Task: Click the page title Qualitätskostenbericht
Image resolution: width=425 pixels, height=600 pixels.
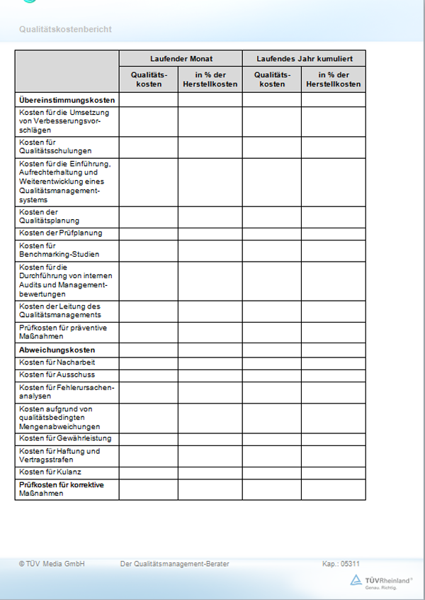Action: click(65, 29)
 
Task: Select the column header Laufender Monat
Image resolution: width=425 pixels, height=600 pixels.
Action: click(181, 58)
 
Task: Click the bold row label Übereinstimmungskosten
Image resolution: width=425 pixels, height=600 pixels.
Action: click(67, 100)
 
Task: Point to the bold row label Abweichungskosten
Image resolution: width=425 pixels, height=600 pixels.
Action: click(57, 350)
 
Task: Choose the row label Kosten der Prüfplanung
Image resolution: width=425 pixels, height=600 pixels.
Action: click(61, 233)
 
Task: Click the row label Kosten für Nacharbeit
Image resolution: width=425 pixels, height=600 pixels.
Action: click(57, 362)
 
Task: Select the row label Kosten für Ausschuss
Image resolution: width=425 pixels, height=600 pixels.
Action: click(57, 374)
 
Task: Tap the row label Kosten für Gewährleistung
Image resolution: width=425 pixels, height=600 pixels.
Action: click(65, 438)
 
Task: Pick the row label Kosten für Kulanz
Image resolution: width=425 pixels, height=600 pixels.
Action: click(52, 472)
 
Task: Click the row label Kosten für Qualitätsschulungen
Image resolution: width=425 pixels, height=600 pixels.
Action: click(55, 147)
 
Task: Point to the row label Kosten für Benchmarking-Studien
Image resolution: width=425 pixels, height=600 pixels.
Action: click(59, 250)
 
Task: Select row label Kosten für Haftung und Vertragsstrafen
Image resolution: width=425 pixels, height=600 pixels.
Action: click(59, 455)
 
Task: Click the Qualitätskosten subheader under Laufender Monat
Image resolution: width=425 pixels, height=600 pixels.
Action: click(148, 79)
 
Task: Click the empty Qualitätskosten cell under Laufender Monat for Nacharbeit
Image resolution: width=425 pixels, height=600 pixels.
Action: click(148, 362)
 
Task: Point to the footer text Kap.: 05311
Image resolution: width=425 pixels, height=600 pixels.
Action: click(341, 564)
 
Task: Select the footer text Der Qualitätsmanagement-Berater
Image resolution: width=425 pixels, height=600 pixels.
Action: click(175, 564)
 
